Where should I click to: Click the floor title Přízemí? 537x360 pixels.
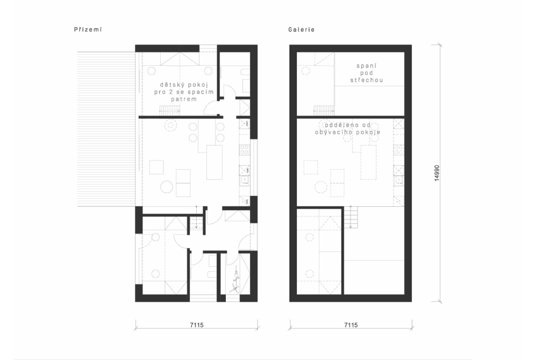point(87,30)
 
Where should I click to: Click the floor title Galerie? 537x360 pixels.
point(301,30)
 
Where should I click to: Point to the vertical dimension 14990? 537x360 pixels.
point(437,173)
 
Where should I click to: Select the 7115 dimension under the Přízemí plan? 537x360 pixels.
point(197,325)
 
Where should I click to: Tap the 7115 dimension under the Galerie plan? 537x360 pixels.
point(351,325)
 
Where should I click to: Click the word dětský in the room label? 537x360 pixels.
point(171,85)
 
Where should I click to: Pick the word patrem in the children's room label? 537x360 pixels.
point(184,99)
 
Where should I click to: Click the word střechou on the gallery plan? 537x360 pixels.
point(367,80)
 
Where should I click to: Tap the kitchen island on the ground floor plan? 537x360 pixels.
point(214,162)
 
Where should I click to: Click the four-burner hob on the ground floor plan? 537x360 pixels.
point(245,149)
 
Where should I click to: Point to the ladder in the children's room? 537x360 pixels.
point(169,110)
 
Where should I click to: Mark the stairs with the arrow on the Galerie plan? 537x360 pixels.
point(351,217)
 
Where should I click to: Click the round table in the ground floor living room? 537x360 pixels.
point(167,187)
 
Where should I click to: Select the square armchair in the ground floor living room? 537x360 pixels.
point(156,167)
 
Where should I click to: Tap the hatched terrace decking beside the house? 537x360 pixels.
point(106,129)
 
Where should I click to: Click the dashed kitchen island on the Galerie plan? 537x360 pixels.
point(368,162)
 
